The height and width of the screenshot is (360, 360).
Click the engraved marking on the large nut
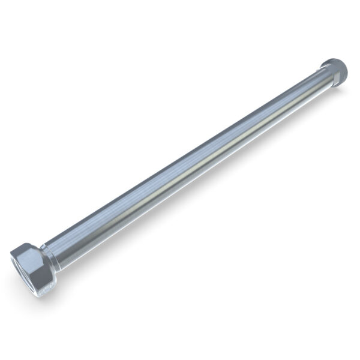coord(47,286)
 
